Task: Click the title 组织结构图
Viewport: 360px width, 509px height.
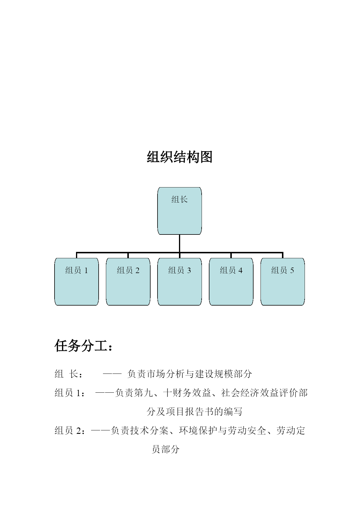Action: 180,157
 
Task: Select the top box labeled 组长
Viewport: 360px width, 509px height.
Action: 180,211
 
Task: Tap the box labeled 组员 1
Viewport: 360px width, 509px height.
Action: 77,281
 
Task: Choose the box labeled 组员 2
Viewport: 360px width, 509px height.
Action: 128,281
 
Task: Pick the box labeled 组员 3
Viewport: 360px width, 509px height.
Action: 180,281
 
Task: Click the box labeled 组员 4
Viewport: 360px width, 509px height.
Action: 231,281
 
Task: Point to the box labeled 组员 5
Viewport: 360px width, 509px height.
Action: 283,281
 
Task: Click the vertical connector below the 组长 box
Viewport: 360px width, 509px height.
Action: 180,243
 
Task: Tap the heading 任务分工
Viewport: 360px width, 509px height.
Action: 83,346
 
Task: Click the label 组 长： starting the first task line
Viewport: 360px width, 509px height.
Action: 68,374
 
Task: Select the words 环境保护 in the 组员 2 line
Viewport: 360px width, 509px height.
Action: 198,431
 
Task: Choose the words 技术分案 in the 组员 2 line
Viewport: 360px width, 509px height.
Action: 149,431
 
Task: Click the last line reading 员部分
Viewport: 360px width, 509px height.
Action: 166,450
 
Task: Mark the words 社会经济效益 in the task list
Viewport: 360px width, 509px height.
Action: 250,393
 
